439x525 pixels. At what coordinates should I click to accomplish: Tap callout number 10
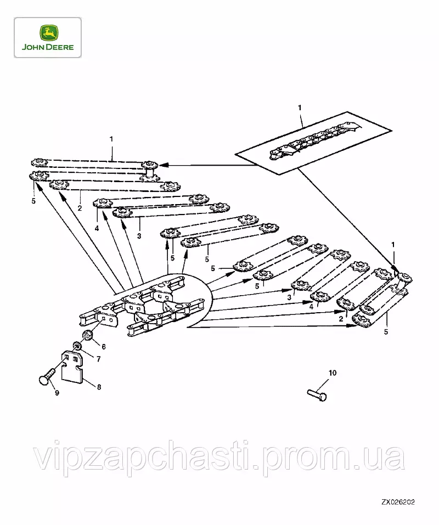click(x=332, y=373)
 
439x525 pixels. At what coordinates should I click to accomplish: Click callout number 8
click(x=99, y=387)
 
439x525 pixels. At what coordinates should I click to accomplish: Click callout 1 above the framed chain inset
click(x=300, y=108)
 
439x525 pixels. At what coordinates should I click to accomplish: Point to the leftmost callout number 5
click(x=34, y=201)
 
